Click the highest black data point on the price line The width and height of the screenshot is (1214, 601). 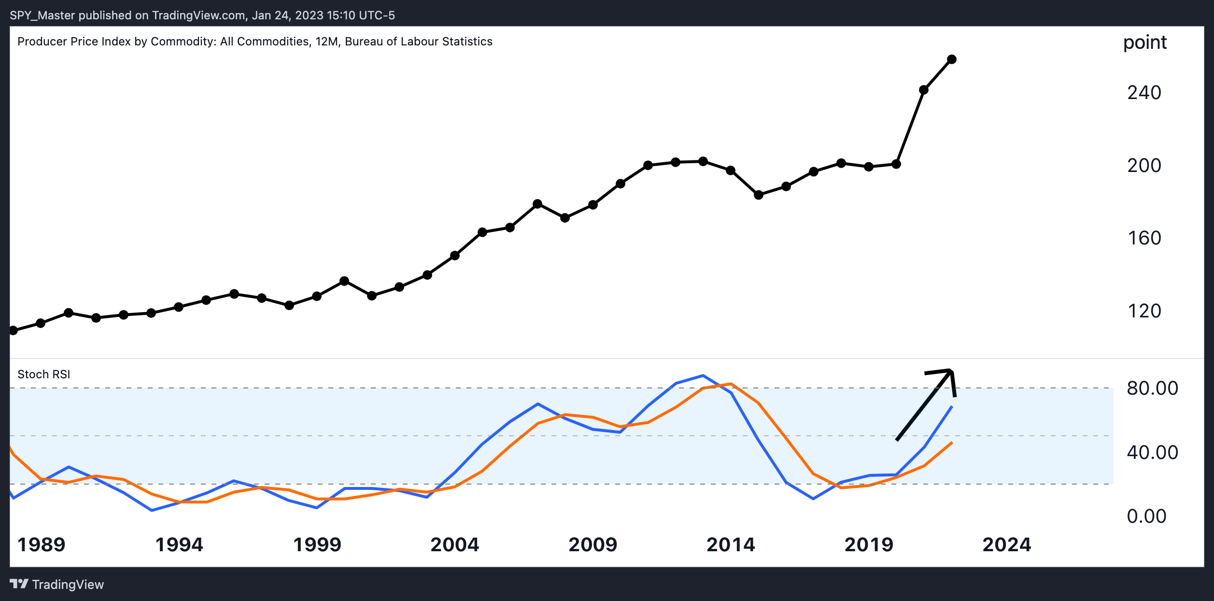coord(952,59)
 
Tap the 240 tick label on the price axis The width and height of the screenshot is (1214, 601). coord(1144,92)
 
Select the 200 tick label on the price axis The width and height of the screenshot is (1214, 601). coord(1144,165)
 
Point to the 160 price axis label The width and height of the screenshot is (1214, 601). coord(1144,238)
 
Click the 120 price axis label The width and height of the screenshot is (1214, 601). coord(1144,311)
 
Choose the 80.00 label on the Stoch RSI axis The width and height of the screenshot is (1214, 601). coord(1152,388)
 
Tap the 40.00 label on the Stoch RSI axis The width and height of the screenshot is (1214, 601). coord(1152,452)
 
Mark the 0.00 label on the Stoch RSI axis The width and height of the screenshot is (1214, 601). coord(1146,516)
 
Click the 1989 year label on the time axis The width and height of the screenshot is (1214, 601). coord(41,544)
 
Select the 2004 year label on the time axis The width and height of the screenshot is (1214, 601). coord(454,544)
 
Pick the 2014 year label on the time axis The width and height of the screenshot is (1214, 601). coord(731,544)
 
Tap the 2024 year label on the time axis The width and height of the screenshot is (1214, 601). coord(1007,544)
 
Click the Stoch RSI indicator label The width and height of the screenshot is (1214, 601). coord(43,374)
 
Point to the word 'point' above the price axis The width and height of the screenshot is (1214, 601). coord(1144,43)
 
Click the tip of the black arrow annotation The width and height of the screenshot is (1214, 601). coord(951,371)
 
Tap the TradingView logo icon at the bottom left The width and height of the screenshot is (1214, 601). coord(19,584)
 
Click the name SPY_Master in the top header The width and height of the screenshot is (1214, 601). coord(42,15)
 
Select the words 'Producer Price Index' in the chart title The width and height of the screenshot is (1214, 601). coord(74,42)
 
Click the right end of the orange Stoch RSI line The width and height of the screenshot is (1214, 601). coord(952,443)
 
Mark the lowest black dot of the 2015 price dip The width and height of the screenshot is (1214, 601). coord(759,195)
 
